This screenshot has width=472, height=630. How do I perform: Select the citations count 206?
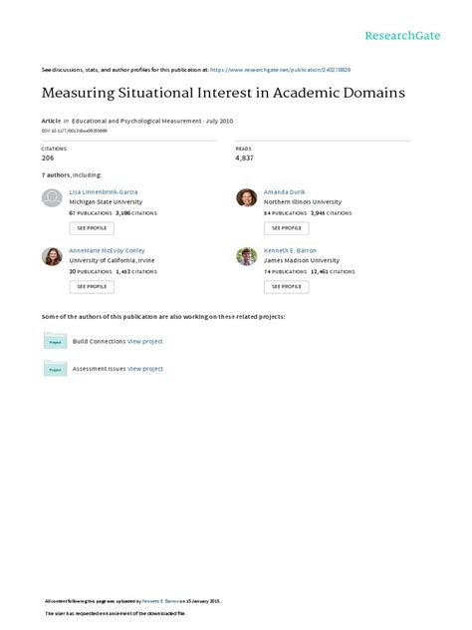point(48,158)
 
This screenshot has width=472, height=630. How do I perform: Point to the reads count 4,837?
point(245,158)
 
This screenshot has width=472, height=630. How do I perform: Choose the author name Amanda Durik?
point(287,190)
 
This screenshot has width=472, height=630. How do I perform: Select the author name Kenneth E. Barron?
point(290,249)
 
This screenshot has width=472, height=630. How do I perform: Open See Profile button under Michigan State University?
point(91,227)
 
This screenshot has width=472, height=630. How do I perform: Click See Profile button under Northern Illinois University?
point(286,227)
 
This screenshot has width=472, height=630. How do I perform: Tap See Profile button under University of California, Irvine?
point(91,286)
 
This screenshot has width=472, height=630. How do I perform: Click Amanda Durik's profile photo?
point(246,197)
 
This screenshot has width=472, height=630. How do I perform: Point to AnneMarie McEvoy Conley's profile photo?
point(52,256)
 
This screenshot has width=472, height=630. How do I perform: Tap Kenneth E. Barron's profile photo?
point(246,256)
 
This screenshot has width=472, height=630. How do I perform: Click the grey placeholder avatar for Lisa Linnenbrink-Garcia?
point(52,197)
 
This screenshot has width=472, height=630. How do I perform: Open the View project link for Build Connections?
point(145,341)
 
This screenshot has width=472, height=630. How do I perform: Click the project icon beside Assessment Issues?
point(54,369)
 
